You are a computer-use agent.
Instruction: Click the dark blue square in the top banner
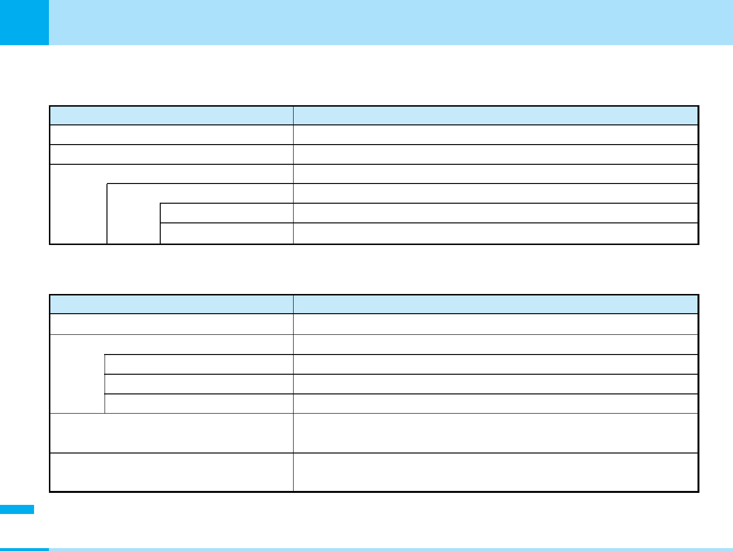pyautogui.click(x=24, y=22)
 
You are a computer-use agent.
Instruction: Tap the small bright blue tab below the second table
pyautogui.click(x=17, y=509)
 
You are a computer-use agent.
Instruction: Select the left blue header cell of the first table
pyautogui.click(x=171, y=116)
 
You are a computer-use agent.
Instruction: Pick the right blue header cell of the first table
pyautogui.click(x=496, y=116)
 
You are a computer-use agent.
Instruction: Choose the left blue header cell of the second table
pyautogui.click(x=171, y=305)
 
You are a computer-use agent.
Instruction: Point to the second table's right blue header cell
pyautogui.click(x=496, y=305)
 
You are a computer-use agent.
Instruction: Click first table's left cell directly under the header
pyautogui.click(x=171, y=135)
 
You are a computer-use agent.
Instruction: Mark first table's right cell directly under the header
pyautogui.click(x=496, y=135)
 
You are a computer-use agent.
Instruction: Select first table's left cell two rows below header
pyautogui.click(x=171, y=154)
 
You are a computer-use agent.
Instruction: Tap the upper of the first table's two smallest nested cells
pyautogui.click(x=226, y=213)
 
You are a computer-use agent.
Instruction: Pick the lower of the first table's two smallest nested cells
pyautogui.click(x=226, y=233)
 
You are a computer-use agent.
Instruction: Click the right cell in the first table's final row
pyautogui.click(x=496, y=233)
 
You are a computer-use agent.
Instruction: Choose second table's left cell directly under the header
pyautogui.click(x=171, y=324)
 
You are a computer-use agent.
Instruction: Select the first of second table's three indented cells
pyautogui.click(x=199, y=364)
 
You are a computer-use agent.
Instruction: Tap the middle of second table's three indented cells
pyautogui.click(x=199, y=384)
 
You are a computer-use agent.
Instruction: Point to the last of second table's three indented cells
pyautogui.click(x=199, y=404)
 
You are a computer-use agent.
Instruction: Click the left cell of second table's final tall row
pyautogui.click(x=171, y=472)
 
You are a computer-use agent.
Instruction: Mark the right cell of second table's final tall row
pyautogui.click(x=496, y=472)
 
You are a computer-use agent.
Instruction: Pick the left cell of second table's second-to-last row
pyautogui.click(x=171, y=433)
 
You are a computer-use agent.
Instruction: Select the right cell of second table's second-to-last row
pyautogui.click(x=496, y=433)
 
